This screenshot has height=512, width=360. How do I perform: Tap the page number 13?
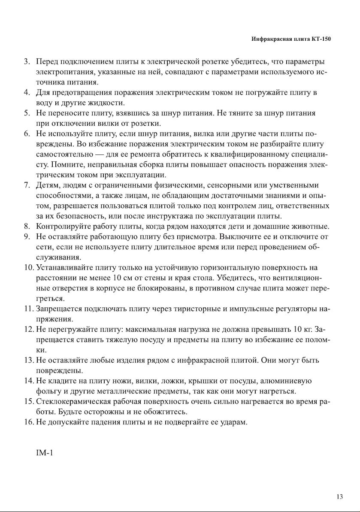340,497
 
